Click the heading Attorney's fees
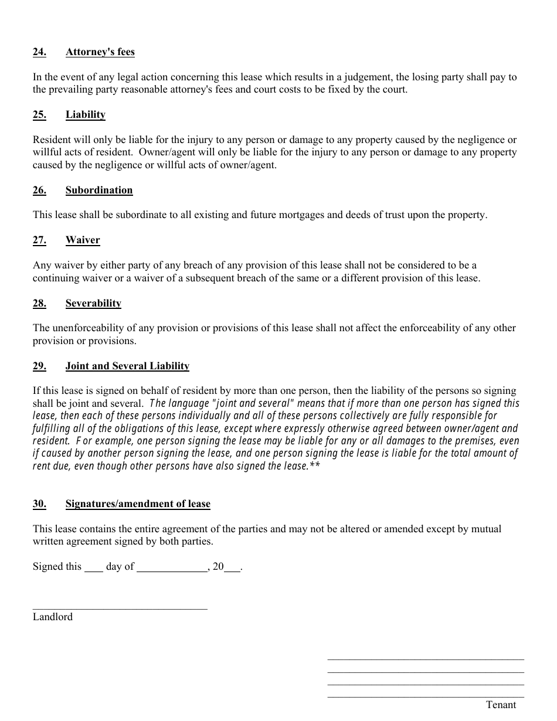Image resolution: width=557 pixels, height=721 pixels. tap(100, 52)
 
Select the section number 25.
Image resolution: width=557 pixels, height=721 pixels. tap(39, 115)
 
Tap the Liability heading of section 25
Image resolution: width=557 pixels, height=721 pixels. tap(85, 115)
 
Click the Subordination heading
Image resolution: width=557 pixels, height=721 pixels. tap(99, 191)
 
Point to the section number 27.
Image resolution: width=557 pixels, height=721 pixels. tap(39, 240)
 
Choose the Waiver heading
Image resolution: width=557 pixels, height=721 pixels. tap(83, 240)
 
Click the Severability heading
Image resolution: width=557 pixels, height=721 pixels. tap(93, 304)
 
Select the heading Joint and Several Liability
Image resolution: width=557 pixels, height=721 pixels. tap(127, 366)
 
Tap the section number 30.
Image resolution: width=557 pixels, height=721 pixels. tap(39, 504)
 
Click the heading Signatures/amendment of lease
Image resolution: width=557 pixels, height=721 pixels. tap(138, 504)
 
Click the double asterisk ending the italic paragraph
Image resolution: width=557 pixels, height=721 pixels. tap(315, 466)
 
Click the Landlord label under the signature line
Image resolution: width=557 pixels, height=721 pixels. tap(53, 617)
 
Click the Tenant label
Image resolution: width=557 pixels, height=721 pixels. tap(501, 705)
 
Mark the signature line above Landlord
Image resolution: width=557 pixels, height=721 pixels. tap(120, 608)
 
